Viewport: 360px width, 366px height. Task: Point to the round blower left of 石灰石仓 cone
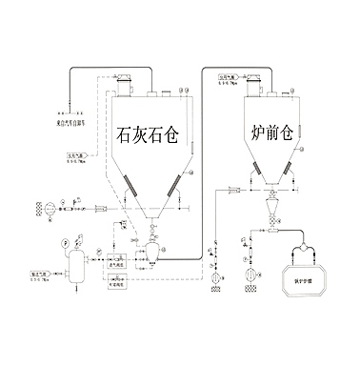point(40,208)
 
